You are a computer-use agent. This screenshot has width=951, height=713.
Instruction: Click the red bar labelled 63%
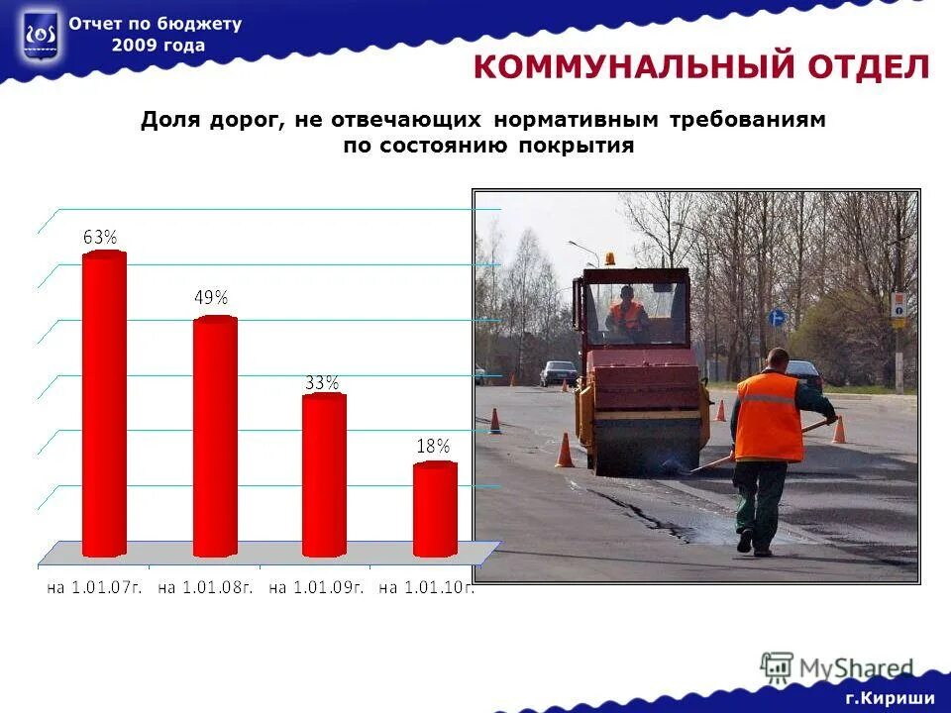(x=104, y=404)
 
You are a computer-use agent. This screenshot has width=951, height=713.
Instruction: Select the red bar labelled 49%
(x=215, y=436)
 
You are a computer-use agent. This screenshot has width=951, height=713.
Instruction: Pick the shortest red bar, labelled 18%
(x=435, y=509)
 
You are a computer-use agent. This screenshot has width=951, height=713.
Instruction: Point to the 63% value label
(x=100, y=237)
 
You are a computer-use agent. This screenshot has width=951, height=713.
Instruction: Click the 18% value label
(x=433, y=447)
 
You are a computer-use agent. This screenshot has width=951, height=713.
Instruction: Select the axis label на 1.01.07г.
(x=95, y=587)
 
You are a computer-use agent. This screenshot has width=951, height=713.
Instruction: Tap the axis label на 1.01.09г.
(x=317, y=587)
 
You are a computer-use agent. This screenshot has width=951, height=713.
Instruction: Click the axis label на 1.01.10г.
(x=427, y=587)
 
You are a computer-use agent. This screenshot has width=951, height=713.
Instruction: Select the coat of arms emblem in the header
(x=40, y=38)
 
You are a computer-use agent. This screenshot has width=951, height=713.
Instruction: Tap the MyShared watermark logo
(x=837, y=668)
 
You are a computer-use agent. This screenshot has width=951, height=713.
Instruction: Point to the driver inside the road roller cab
(x=627, y=311)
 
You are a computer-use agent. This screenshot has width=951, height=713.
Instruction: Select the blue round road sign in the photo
(x=777, y=318)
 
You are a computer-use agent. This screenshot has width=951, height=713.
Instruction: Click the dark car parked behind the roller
(x=559, y=372)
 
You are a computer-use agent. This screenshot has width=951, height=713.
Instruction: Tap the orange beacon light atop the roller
(x=609, y=258)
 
